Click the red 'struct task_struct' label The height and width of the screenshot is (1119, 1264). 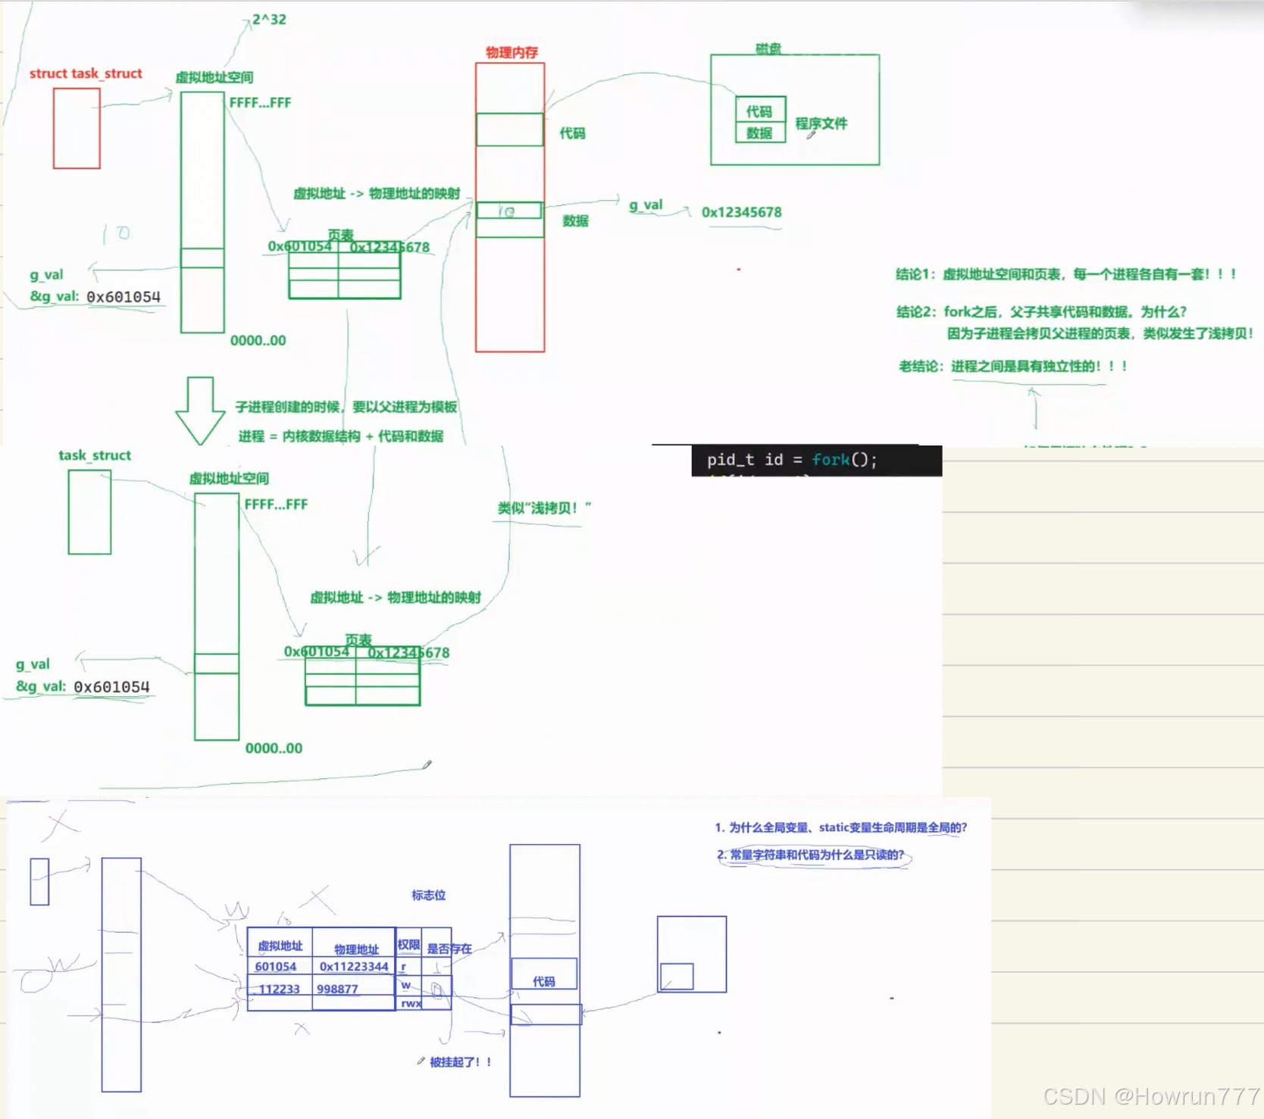point(86,73)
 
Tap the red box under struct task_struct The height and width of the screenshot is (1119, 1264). point(77,128)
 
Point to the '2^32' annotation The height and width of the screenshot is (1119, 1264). point(269,20)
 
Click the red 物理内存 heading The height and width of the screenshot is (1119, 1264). point(512,52)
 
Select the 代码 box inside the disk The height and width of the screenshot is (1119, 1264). point(759,111)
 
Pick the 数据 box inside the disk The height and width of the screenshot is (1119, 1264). point(759,133)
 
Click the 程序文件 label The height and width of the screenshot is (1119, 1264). point(821,123)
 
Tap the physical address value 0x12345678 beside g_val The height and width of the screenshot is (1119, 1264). point(741,212)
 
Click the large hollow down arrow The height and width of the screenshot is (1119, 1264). point(200,410)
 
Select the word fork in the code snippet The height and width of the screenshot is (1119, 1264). point(831,460)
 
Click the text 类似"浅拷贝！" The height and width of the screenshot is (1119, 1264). point(543,508)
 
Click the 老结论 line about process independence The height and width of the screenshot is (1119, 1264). point(1012,367)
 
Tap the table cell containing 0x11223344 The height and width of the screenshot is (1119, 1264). point(353,967)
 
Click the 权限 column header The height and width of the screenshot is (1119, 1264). point(408,945)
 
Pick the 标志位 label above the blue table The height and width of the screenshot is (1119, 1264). point(428,895)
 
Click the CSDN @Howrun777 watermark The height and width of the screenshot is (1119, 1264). point(1150,1096)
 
